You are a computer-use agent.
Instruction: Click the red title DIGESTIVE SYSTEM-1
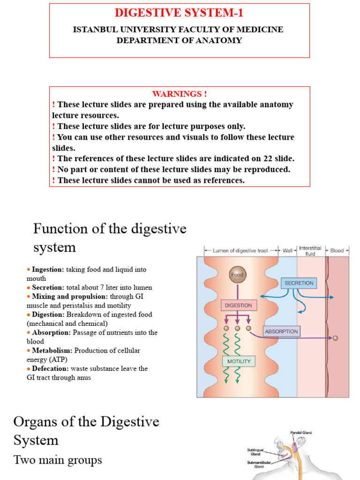tap(179, 13)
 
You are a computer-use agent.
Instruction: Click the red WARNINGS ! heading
tap(180, 94)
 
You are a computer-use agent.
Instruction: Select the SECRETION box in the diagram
tap(298, 283)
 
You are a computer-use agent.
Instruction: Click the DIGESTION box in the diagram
tap(239, 306)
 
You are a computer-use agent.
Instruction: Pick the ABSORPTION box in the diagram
tap(281, 331)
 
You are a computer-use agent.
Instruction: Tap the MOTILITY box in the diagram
tap(239, 361)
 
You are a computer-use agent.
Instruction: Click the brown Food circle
tap(237, 275)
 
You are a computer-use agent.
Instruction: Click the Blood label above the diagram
tap(337, 251)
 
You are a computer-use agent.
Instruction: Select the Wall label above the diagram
tap(287, 251)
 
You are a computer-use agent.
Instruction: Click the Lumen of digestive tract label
tap(240, 251)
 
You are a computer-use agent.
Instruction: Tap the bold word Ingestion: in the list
tap(48, 270)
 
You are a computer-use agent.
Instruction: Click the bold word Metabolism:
tap(52, 351)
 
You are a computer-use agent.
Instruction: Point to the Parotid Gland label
tap(301, 433)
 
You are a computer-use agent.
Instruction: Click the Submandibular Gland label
tap(259, 465)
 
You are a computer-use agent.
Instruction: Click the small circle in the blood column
tap(335, 337)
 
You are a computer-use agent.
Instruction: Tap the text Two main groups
tap(58, 460)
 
